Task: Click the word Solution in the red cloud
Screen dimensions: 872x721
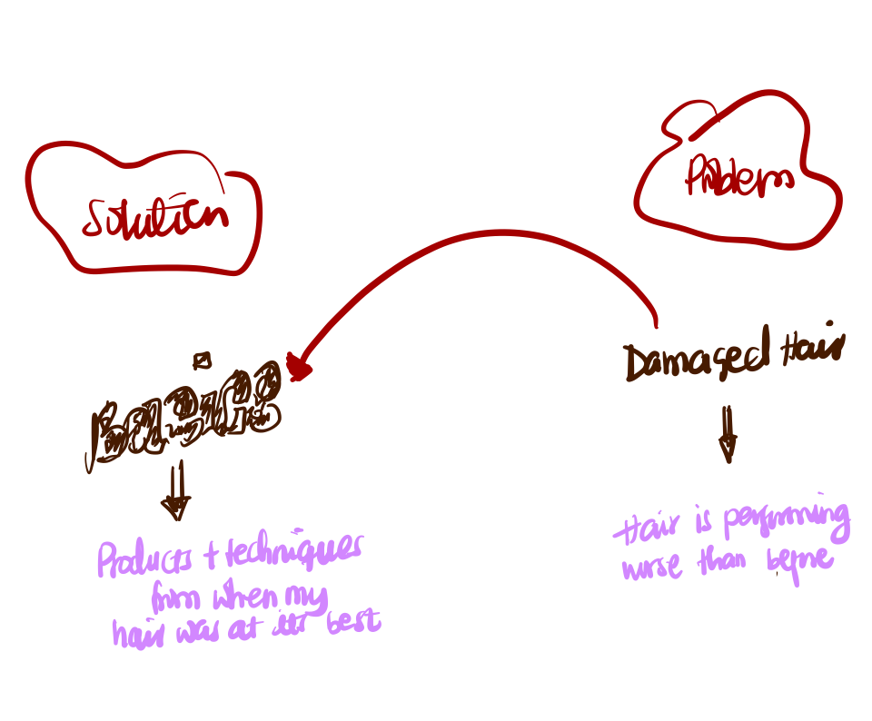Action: tap(154, 217)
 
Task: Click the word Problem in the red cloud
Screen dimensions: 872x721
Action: tap(738, 179)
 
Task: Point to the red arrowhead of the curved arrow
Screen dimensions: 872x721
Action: tap(298, 367)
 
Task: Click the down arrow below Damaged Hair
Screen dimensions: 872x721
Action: tap(727, 434)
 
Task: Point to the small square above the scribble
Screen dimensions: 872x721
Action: tap(203, 360)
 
